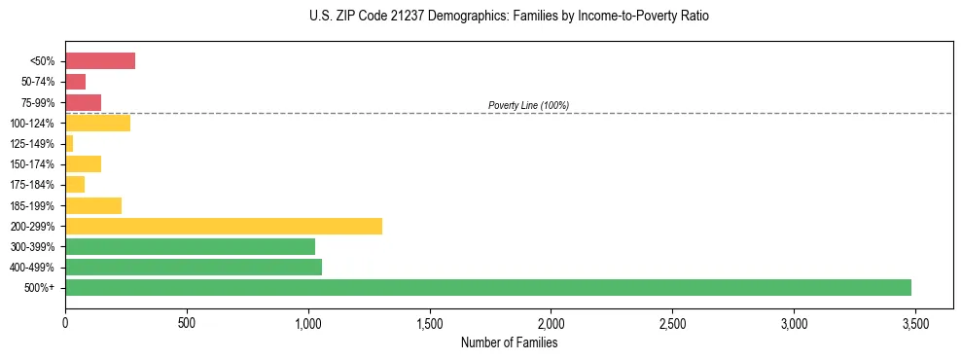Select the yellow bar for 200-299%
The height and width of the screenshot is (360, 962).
tap(224, 226)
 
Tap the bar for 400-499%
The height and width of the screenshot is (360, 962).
tap(194, 267)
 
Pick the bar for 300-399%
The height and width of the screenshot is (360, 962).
tap(191, 246)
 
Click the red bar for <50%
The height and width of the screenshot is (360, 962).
tap(100, 61)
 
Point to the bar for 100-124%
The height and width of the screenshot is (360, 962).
tap(97, 123)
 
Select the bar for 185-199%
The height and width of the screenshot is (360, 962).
tap(93, 205)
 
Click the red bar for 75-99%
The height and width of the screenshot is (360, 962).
tap(83, 102)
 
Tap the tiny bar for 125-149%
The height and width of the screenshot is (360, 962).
tap(69, 144)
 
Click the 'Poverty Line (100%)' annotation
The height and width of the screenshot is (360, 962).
tap(528, 105)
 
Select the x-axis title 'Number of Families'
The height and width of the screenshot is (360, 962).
tap(510, 342)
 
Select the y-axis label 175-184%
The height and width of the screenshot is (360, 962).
tap(35, 185)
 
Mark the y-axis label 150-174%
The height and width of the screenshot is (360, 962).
tap(35, 164)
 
